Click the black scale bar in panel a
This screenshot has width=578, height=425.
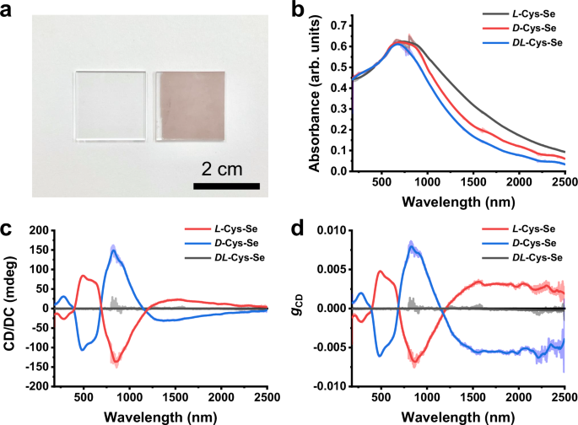225,184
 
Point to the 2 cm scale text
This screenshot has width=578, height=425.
225,166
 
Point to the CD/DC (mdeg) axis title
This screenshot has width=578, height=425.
10,308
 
